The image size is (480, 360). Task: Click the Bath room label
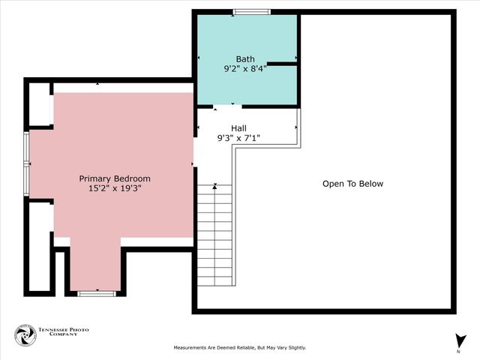245,59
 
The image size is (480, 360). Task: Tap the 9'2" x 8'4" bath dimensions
245,69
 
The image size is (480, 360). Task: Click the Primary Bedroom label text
115,178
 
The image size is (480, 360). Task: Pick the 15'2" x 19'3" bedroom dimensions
115,188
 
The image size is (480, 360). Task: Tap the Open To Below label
352,184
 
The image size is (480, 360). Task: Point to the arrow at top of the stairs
215,186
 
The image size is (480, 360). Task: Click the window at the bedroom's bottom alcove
95,293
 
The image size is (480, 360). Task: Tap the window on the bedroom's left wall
27,163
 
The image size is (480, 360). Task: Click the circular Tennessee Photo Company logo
25,335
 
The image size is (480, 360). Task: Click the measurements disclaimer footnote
240,348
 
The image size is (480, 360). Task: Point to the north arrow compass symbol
458,340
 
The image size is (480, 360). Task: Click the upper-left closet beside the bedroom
40,104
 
